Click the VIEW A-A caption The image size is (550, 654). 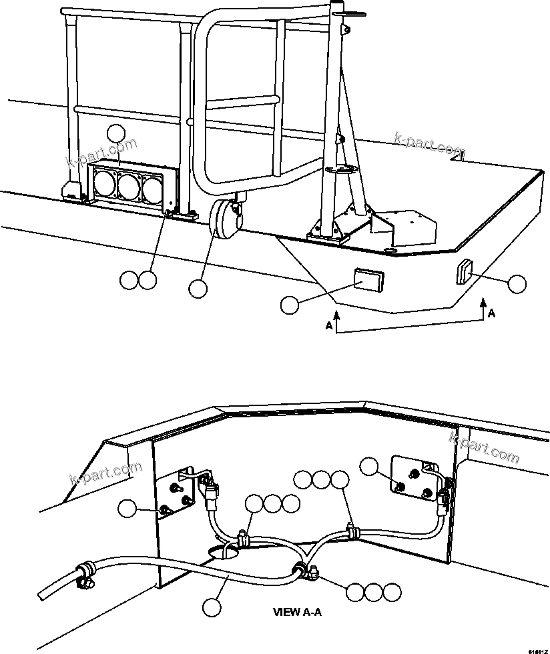click(298, 611)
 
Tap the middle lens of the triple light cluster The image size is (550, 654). click(128, 185)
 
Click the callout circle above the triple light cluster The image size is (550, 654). click(117, 133)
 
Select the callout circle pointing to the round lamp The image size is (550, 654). click(198, 288)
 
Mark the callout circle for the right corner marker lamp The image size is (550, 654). click(517, 284)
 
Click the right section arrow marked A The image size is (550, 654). click(483, 311)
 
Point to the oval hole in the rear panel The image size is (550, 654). click(224, 551)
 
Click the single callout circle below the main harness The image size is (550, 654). click(212, 607)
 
